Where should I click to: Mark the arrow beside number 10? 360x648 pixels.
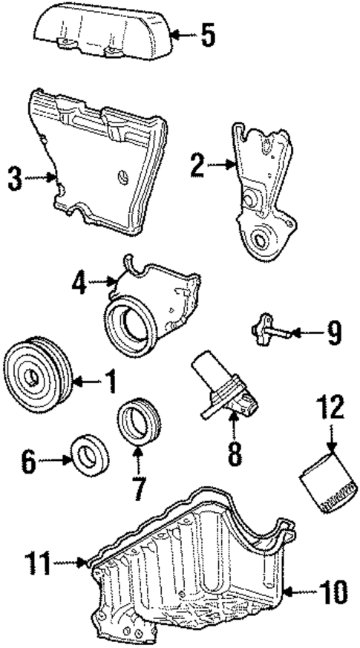pyautogui.click(x=297, y=592)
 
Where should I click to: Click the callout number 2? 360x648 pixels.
pyautogui.click(x=197, y=165)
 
